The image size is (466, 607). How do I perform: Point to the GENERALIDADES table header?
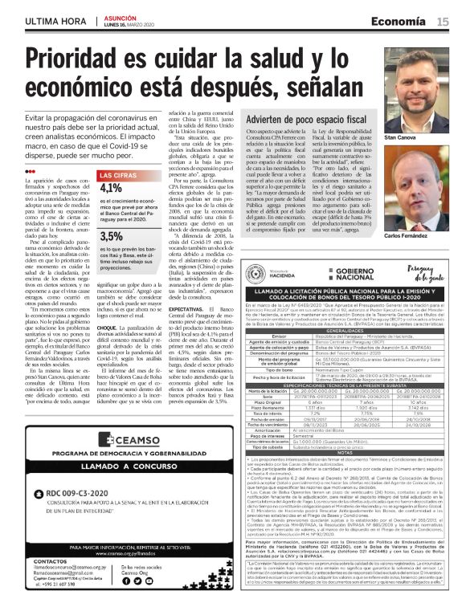tap(329, 307)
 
